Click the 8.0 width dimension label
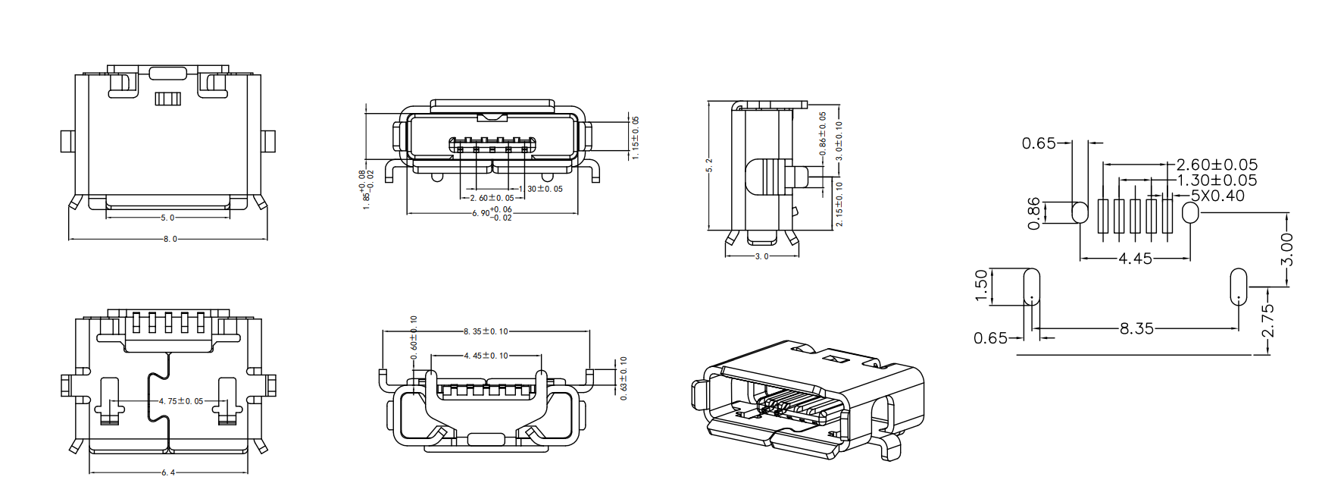[170, 239]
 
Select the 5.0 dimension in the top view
[167, 218]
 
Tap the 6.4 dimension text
[167, 472]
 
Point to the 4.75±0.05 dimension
[181, 401]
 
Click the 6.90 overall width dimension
[492, 213]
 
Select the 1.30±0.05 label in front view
[543, 189]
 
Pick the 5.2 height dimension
[710, 165]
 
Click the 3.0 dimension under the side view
[761, 256]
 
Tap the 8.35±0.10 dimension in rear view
[486, 331]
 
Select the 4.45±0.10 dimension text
[486, 356]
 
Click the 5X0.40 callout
[1217, 196]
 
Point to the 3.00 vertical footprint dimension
[1286, 249]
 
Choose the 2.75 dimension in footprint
[1267, 320]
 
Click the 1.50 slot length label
[981, 286]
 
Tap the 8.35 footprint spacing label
[1136, 328]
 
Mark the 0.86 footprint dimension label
[1033, 213]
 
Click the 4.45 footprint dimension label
[1135, 259]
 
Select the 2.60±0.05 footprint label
[1217, 165]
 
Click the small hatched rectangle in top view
[167, 99]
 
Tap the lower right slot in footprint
[1237, 286]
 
